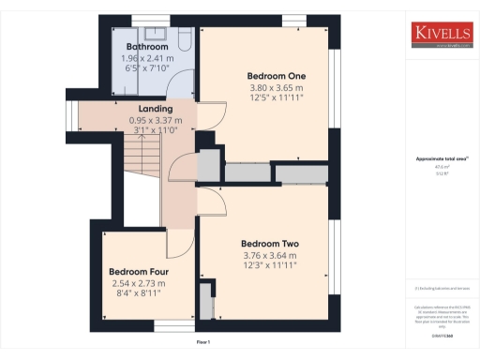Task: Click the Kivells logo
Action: tap(442, 35)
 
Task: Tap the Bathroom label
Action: tap(148, 47)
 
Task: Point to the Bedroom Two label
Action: tap(269, 244)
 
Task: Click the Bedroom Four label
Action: tap(138, 272)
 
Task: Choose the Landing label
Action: tap(156, 109)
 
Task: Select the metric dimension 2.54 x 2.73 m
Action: tap(138, 283)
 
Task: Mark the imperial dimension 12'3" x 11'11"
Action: tap(269, 265)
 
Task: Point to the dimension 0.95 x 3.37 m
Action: tap(156, 120)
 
